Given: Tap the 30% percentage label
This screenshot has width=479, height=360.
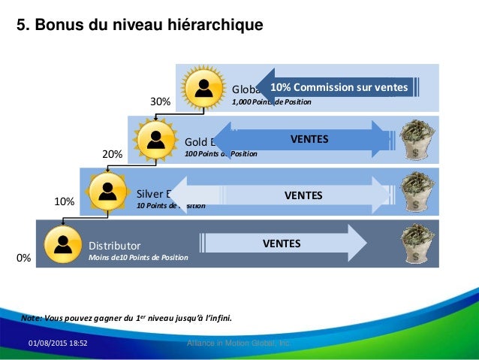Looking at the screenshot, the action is click(x=161, y=101).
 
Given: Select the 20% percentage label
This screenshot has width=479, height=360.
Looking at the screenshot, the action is click(x=112, y=153).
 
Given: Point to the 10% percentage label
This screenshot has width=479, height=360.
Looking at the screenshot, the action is click(x=64, y=202).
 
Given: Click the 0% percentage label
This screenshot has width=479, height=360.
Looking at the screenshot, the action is click(x=24, y=257).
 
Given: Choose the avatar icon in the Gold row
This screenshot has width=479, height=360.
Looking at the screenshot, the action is click(x=155, y=139).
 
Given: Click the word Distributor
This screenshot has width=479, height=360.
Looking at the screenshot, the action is click(x=114, y=245).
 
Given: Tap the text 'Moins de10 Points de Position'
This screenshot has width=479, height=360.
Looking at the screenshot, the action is click(x=138, y=258).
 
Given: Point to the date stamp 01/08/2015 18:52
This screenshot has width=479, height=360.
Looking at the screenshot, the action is click(x=58, y=343).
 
